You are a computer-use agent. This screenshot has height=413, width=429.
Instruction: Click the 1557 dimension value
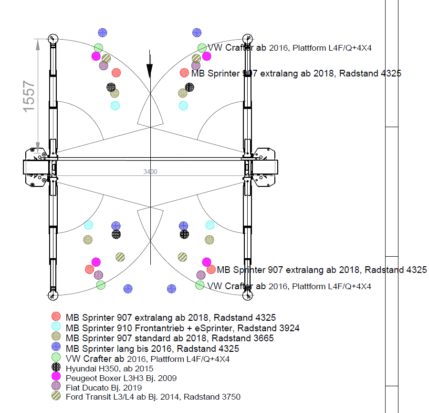click(29, 96)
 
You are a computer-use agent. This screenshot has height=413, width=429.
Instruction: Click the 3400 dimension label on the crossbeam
click(150, 172)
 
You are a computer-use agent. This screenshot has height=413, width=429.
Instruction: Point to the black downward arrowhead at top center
click(150, 71)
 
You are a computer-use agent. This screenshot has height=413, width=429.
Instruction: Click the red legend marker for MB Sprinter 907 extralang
click(56, 317)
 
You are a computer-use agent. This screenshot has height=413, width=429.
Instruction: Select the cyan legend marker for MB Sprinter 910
click(56, 327)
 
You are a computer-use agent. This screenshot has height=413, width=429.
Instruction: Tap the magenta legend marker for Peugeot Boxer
click(56, 378)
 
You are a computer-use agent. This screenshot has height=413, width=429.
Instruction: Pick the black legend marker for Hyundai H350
click(56, 368)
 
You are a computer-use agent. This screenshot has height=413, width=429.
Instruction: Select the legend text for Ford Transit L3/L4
click(153, 397)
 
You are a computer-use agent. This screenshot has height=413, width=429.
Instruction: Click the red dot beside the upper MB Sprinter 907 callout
click(184, 73)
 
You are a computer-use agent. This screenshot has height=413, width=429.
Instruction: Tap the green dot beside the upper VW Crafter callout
click(202, 48)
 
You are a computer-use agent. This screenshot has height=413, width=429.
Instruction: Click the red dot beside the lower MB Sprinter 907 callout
click(211, 270)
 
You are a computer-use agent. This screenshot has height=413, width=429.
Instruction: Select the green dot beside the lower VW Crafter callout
click(200, 285)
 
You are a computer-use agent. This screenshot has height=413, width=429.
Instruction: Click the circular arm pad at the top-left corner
click(52, 39)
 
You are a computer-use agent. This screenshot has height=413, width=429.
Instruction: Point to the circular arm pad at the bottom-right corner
click(247, 295)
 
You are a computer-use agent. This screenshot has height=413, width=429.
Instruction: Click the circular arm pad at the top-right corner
click(247, 39)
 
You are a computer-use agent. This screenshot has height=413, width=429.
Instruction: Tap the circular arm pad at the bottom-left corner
click(52, 295)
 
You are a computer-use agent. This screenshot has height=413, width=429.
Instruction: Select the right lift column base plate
click(264, 167)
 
